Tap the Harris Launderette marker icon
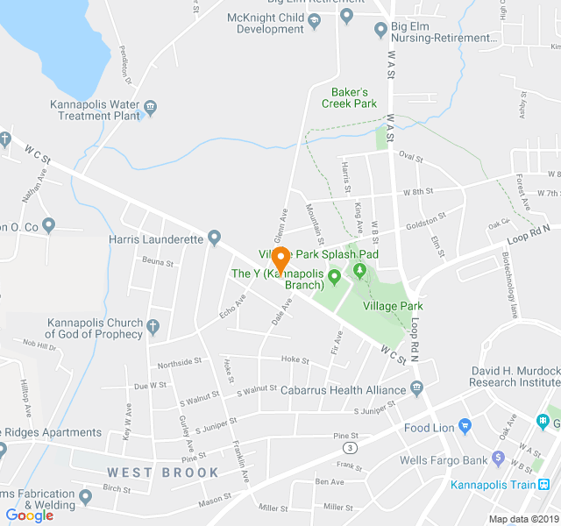coord(214,238)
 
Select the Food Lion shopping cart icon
coord(465,427)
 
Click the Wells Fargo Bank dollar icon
coord(498,458)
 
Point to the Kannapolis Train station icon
coord(544,484)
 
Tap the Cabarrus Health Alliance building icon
coord(416,389)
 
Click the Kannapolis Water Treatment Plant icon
coord(151,109)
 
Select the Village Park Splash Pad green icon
coord(359,268)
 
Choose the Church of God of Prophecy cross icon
coord(153,327)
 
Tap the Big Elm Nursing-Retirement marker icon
coord(380,31)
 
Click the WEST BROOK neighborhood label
coord(164,473)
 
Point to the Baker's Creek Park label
coord(354,97)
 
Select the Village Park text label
coord(400,306)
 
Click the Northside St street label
coord(180,363)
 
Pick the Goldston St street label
coord(425,220)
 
